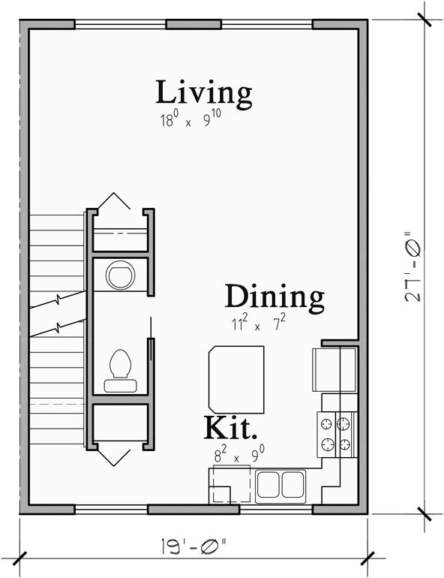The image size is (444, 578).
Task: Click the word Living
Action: point(203,92)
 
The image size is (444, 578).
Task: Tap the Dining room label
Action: point(274,297)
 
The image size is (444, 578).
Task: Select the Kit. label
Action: point(231,429)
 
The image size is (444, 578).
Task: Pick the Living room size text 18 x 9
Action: point(193,120)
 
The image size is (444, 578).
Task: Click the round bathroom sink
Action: point(120,275)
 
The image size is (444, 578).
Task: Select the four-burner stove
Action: point(335,433)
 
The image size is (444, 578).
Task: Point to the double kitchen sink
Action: point(281,486)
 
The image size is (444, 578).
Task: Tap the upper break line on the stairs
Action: point(58,302)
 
